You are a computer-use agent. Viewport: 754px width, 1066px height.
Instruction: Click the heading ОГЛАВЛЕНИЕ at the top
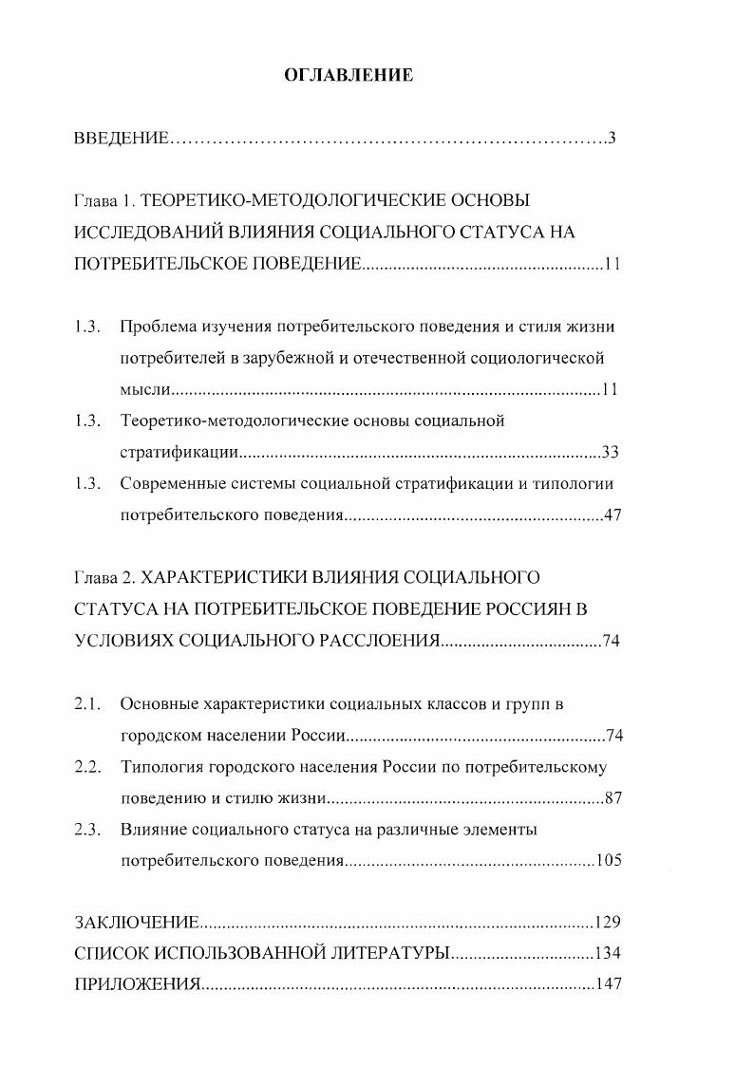(x=349, y=75)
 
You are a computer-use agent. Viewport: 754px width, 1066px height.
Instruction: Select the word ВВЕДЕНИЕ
(x=122, y=139)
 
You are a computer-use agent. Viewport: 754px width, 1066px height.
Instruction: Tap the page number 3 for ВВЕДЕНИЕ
(x=613, y=139)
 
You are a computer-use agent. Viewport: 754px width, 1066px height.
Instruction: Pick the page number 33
(x=611, y=452)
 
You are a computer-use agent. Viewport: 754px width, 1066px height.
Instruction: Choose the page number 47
(x=611, y=516)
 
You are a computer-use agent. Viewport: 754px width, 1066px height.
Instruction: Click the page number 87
(x=613, y=797)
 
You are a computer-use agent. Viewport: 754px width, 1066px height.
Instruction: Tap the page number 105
(x=608, y=861)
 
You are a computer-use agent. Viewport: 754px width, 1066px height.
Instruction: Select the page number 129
(x=607, y=922)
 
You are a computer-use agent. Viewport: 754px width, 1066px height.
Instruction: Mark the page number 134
(x=607, y=952)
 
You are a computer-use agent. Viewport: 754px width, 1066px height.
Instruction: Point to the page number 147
(x=607, y=983)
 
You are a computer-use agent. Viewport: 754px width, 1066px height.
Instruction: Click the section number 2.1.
(x=87, y=703)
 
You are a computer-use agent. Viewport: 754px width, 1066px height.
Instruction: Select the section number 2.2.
(x=87, y=766)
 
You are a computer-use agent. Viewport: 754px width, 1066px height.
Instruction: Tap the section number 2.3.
(x=87, y=830)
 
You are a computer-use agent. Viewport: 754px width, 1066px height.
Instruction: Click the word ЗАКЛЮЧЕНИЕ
(x=136, y=922)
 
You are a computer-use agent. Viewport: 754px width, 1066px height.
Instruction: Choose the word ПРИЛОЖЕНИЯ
(x=136, y=983)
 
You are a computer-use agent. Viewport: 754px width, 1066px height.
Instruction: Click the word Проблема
(x=157, y=327)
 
